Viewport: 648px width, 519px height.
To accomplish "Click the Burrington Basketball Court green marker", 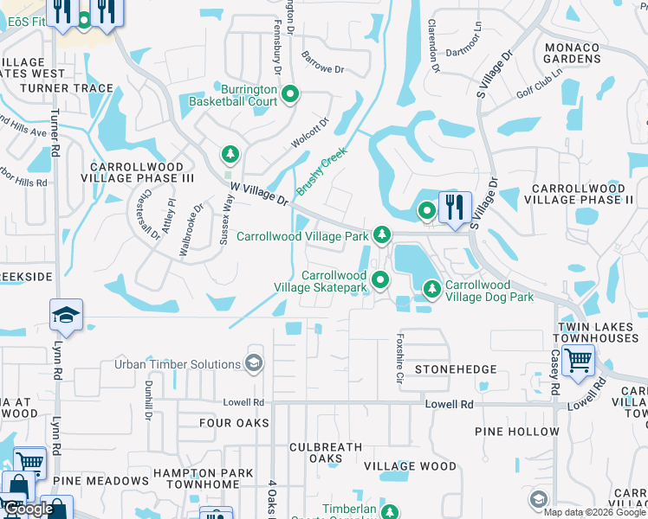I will [x=290, y=94].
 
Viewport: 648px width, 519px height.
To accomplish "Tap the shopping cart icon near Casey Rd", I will [x=577, y=358].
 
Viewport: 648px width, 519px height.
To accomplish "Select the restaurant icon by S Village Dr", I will [x=455, y=207].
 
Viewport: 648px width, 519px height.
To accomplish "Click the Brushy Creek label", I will [x=321, y=170].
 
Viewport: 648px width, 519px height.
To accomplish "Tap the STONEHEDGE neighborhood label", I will [x=456, y=369].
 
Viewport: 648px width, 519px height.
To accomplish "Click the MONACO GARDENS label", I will [x=571, y=53].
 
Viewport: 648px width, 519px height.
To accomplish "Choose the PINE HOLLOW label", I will [x=517, y=431].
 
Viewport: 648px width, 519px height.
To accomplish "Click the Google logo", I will [x=29, y=509].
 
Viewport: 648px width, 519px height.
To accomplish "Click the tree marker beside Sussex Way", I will [x=230, y=155].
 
